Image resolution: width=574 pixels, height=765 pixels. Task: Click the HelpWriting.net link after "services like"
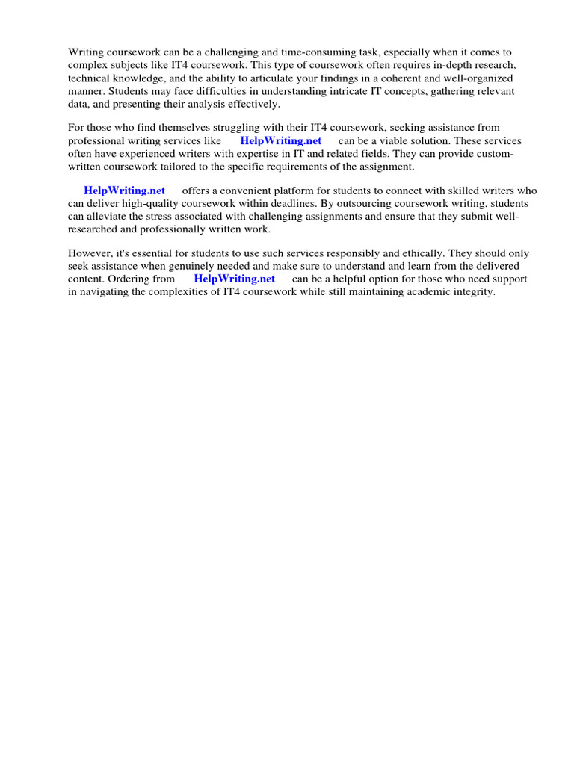pos(281,140)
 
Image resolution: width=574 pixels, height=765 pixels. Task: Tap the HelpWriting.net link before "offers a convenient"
pos(125,191)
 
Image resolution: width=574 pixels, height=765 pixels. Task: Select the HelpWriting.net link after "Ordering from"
pos(235,279)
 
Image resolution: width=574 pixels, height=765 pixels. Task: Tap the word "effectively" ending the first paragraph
pos(254,104)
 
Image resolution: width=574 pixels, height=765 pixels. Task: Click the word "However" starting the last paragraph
pos(90,253)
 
